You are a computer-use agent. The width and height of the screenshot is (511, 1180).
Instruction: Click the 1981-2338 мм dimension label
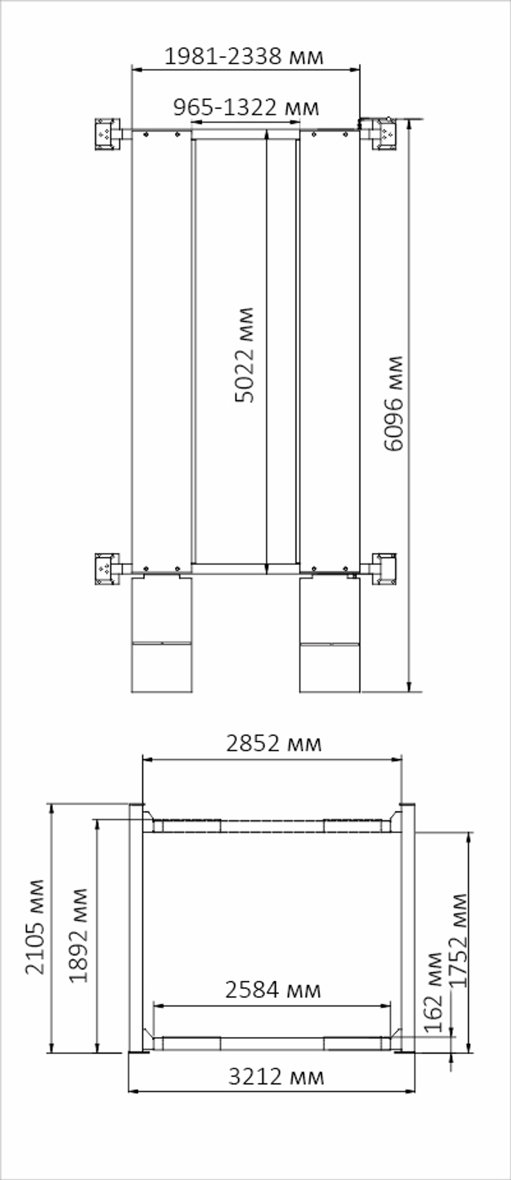244,56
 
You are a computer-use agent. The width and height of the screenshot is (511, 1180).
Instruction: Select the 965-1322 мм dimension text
246,107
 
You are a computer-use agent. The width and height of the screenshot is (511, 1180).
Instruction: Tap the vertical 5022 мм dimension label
244,355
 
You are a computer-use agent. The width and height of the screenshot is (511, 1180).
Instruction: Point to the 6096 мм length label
393,404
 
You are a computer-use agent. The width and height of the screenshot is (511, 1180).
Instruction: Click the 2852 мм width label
274,743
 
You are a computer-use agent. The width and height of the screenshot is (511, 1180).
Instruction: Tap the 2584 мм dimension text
273,990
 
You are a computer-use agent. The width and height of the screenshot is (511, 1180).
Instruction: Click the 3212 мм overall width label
276,1077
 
